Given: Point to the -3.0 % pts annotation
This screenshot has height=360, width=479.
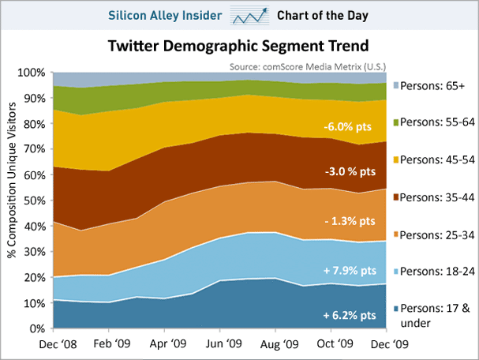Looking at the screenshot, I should point(349,171).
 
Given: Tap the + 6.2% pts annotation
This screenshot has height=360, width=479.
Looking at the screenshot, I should point(349,316).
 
